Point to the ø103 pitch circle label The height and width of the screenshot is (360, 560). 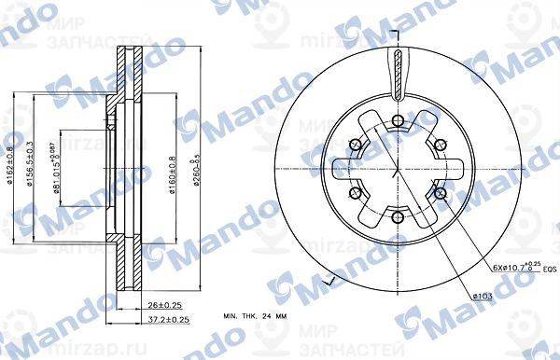pos(483,297)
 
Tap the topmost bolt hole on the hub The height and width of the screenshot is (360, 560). pos(398,118)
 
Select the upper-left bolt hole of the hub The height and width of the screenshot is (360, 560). pos(355,145)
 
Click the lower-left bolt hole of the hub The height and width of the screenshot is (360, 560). pos(355,193)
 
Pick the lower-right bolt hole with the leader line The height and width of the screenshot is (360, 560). pos(440,193)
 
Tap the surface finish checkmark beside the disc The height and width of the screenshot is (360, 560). pos(326,281)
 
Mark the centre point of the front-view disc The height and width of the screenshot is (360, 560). pos(398,169)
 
